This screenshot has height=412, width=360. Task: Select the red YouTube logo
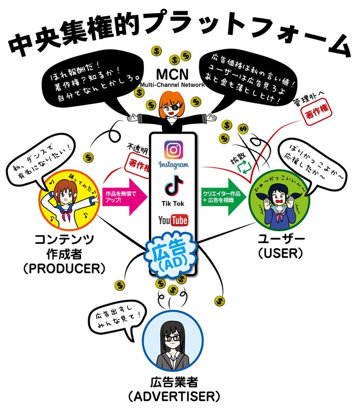[x=173, y=220]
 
